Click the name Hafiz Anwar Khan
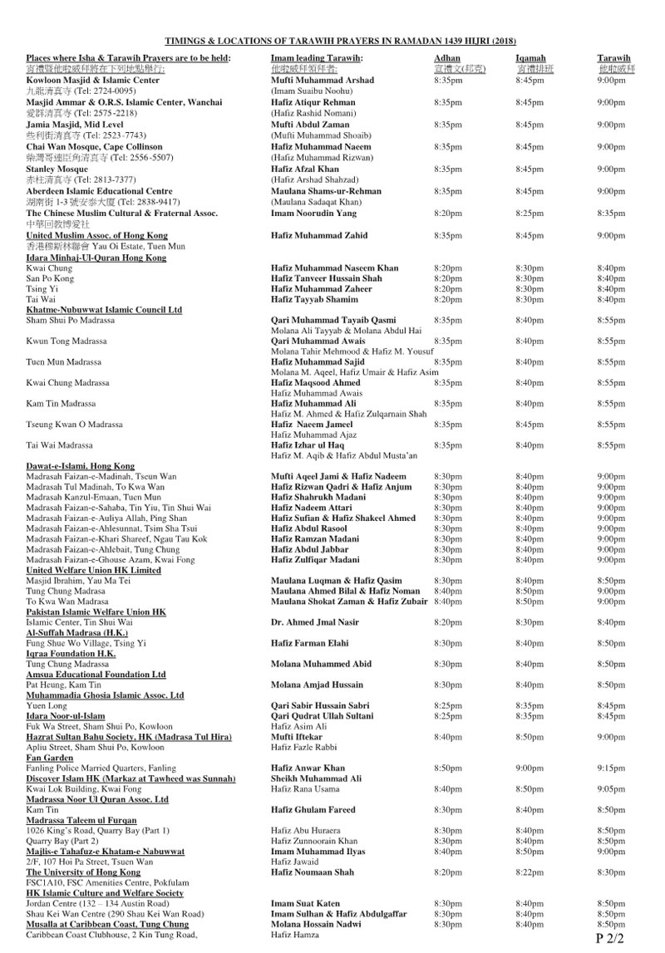(x=307, y=768)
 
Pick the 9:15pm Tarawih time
(x=610, y=768)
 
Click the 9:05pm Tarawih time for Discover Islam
(x=610, y=788)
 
